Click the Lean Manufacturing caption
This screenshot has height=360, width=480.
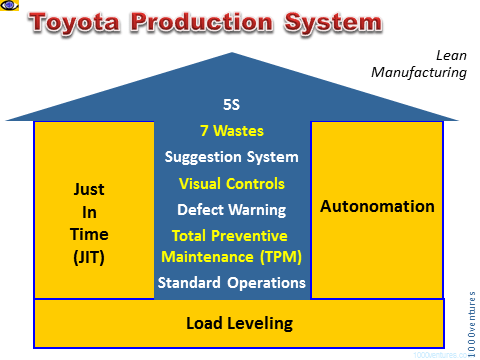(434, 65)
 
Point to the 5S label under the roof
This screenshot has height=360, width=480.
(231, 104)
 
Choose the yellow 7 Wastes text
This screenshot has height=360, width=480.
(231, 130)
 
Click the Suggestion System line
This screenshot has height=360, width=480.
(231, 157)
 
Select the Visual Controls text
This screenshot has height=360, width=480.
(231, 184)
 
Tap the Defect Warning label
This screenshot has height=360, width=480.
(231, 210)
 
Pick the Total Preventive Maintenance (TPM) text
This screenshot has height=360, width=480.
(231, 247)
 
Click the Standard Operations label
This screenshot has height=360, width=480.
(231, 283)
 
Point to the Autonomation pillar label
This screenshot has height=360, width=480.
(376, 207)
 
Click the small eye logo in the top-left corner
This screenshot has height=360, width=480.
(9, 7)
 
